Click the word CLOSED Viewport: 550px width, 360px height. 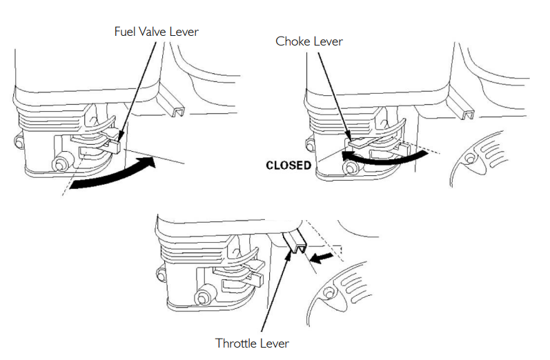pyautogui.click(x=288, y=166)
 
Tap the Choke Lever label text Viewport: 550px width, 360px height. pyautogui.click(x=309, y=41)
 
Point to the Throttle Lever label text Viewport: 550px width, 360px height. pyautogui.click(x=252, y=343)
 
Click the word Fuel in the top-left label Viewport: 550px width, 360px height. pyautogui.click(x=125, y=32)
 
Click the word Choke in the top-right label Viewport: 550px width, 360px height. pyautogui.click(x=293, y=41)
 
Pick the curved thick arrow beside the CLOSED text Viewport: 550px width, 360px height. pyautogui.click(x=380, y=159)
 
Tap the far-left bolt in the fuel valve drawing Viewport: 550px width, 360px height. pyautogui.click(x=18, y=143)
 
